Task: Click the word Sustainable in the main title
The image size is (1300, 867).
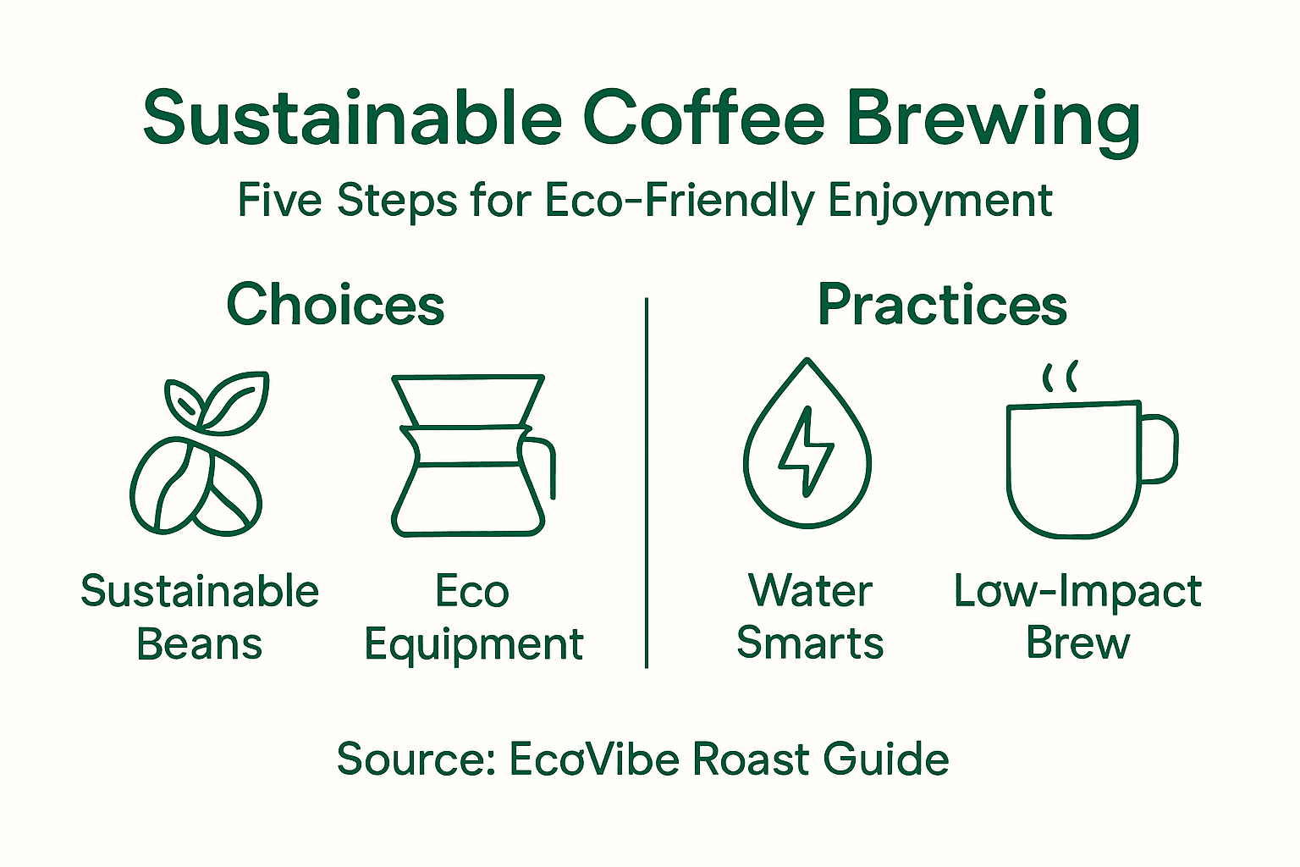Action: pyautogui.click(x=352, y=119)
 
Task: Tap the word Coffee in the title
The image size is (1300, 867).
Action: pyautogui.click(x=703, y=119)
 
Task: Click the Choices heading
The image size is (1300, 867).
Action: pyautogui.click(x=335, y=305)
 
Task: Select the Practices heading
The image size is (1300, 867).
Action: pyautogui.click(x=942, y=305)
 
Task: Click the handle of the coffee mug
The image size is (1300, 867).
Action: pyautogui.click(x=1160, y=449)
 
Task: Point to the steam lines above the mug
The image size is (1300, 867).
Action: pyautogui.click(x=1059, y=377)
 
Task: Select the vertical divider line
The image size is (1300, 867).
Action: pyautogui.click(x=647, y=483)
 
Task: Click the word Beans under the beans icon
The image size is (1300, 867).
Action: pyautogui.click(x=200, y=644)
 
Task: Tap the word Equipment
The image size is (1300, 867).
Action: pyautogui.click(x=474, y=645)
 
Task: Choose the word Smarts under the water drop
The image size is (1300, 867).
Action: pyautogui.click(x=810, y=643)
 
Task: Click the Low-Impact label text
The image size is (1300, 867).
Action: pyautogui.click(x=1077, y=591)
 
